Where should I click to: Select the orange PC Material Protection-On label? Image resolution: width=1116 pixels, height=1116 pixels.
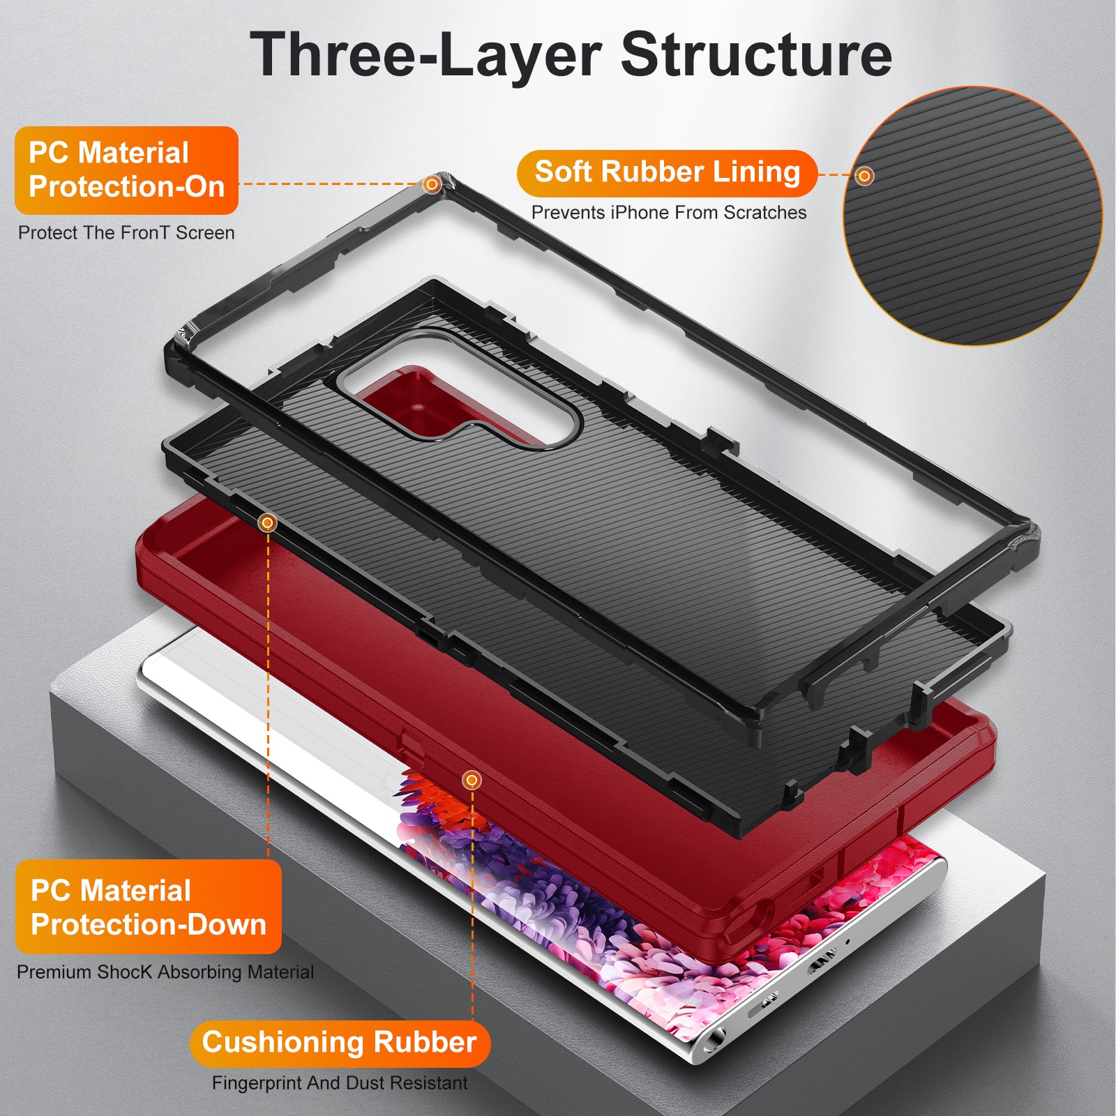pos(126,169)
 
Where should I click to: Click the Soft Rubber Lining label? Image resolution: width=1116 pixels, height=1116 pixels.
pos(667,172)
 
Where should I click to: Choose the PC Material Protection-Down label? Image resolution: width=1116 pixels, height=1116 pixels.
pos(148,907)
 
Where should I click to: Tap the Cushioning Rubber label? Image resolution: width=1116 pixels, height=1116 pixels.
pos(340,1043)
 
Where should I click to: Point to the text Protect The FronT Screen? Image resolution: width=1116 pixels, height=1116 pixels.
pos(126,233)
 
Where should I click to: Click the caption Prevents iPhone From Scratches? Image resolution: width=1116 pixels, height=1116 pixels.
pos(669,213)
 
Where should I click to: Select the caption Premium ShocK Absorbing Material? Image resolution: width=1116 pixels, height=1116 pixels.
pos(165,972)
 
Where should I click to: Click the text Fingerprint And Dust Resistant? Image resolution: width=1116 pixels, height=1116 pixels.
pos(340,1083)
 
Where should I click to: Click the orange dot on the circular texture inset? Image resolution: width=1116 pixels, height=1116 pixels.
pos(864,176)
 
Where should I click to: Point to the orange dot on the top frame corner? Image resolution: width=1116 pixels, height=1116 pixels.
pos(432,184)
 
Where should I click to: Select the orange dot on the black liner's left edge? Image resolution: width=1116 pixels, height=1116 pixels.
pos(267,522)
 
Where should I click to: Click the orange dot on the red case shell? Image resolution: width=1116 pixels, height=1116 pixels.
pos(472,780)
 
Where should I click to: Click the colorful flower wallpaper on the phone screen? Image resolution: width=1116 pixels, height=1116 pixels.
pos(558,907)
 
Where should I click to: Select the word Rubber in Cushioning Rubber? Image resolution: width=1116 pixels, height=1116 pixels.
pos(425,1043)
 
